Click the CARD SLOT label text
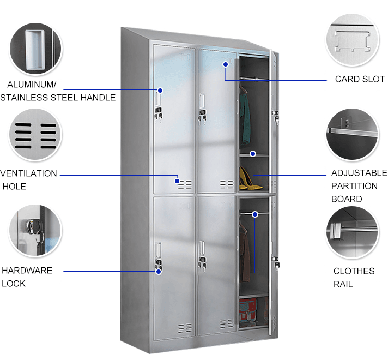coord(359,79)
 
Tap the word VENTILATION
coord(29,173)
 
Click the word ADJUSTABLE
coord(359,173)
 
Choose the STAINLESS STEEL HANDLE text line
coord(58,98)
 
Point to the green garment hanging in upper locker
coord(246,117)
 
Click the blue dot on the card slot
coord(225,64)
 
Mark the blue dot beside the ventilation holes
coord(177,181)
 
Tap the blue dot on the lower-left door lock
coord(159,271)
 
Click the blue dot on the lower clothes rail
coord(254,214)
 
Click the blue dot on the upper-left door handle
coord(161,90)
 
